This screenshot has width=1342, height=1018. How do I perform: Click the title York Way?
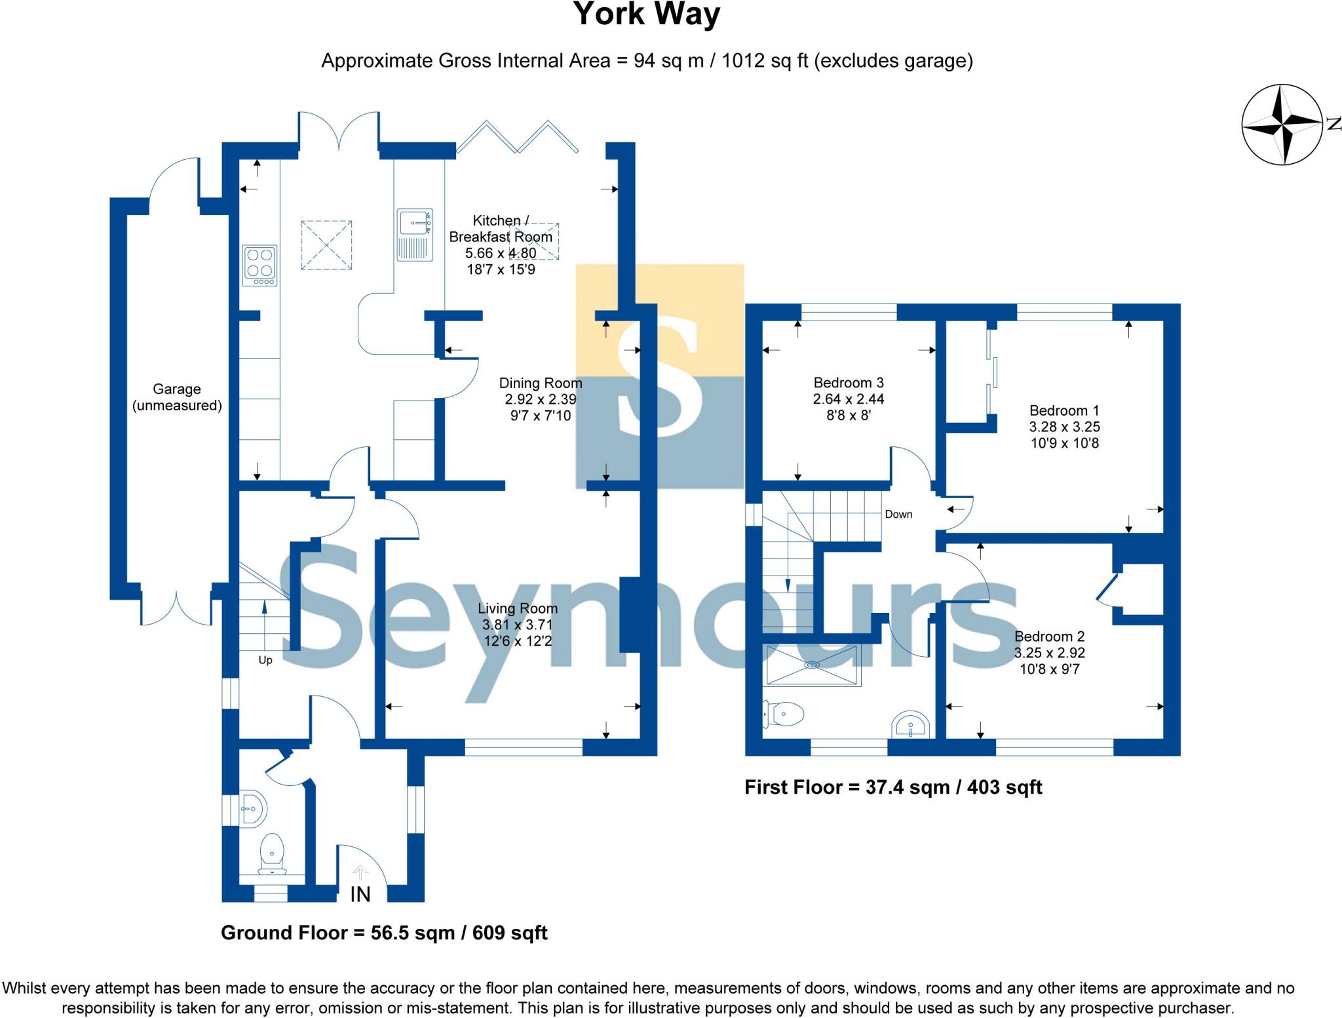(x=647, y=14)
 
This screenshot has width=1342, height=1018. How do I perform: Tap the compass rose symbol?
(x=1282, y=125)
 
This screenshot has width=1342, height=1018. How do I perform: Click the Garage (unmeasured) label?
(x=177, y=397)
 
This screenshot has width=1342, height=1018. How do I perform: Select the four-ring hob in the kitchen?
(x=259, y=265)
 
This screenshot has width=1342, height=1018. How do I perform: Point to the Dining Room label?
(x=540, y=383)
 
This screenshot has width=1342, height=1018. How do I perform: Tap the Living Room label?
(x=517, y=608)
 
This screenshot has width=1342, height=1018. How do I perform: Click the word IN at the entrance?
(x=360, y=894)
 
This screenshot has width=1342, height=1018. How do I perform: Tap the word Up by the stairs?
(x=265, y=660)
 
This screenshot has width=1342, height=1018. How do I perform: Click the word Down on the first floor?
(x=898, y=515)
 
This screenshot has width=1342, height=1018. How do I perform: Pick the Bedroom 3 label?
(x=849, y=382)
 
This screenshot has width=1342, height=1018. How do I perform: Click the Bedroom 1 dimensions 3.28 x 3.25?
(x=1064, y=427)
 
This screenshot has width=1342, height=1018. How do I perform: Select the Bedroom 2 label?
(x=1049, y=636)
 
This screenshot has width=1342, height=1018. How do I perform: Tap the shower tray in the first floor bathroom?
(x=813, y=665)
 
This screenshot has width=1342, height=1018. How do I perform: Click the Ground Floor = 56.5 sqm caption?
(x=384, y=933)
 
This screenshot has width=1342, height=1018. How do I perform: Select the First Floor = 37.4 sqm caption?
(x=892, y=787)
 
